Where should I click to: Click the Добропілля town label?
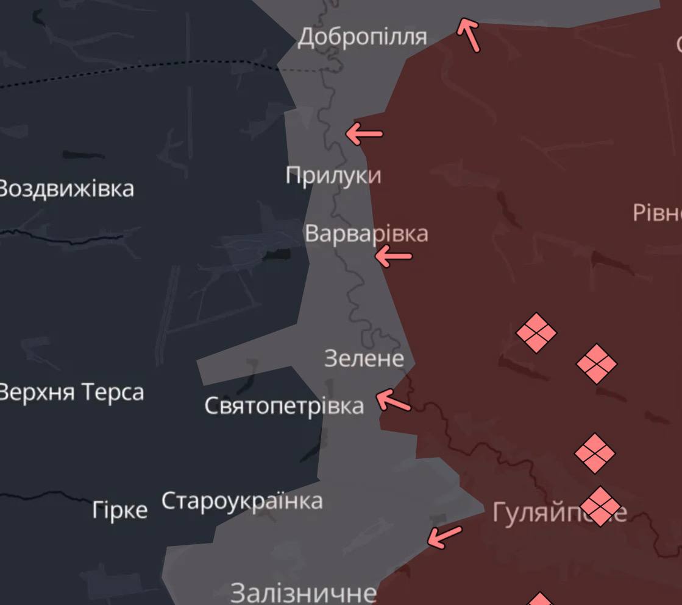point(362,38)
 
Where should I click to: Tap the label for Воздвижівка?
point(66,189)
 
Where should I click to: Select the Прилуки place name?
point(333,175)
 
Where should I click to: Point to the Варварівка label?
point(366,234)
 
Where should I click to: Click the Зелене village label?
point(364,358)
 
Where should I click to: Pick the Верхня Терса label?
point(71,392)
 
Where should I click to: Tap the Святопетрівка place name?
point(284,405)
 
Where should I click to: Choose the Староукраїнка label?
point(242,502)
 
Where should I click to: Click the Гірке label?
point(120,510)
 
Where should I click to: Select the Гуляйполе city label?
point(559,513)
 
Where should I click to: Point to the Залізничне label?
point(304,592)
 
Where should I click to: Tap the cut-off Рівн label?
point(657,213)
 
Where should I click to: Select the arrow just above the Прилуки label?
point(364,133)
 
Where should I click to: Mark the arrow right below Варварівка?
point(393,256)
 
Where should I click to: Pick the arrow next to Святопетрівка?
point(393,401)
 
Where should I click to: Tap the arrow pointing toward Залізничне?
point(444,536)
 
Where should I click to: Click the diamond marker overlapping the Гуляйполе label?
point(600,506)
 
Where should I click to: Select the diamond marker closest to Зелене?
point(536,333)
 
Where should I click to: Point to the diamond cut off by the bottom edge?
point(540,599)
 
